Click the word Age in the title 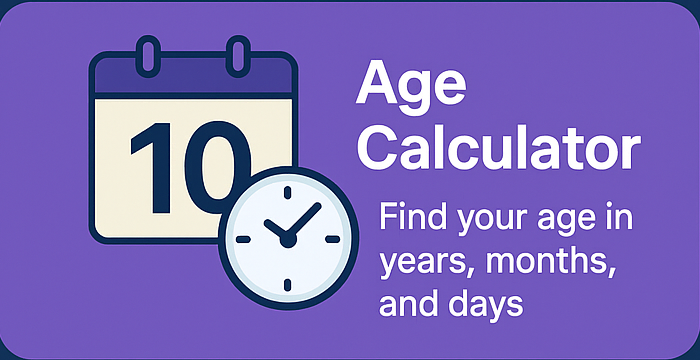pyautogui.click(x=408, y=88)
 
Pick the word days pyautogui.click(x=489, y=303)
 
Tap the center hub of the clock pyautogui.click(x=287, y=240)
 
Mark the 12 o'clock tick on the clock pyautogui.click(x=287, y=194)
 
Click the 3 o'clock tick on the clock pyautogui.click(x=333, y=240)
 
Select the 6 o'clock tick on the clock pyautogui.click(x=287, y=286)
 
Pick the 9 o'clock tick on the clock pyautogui.click(x=241, y=240)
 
